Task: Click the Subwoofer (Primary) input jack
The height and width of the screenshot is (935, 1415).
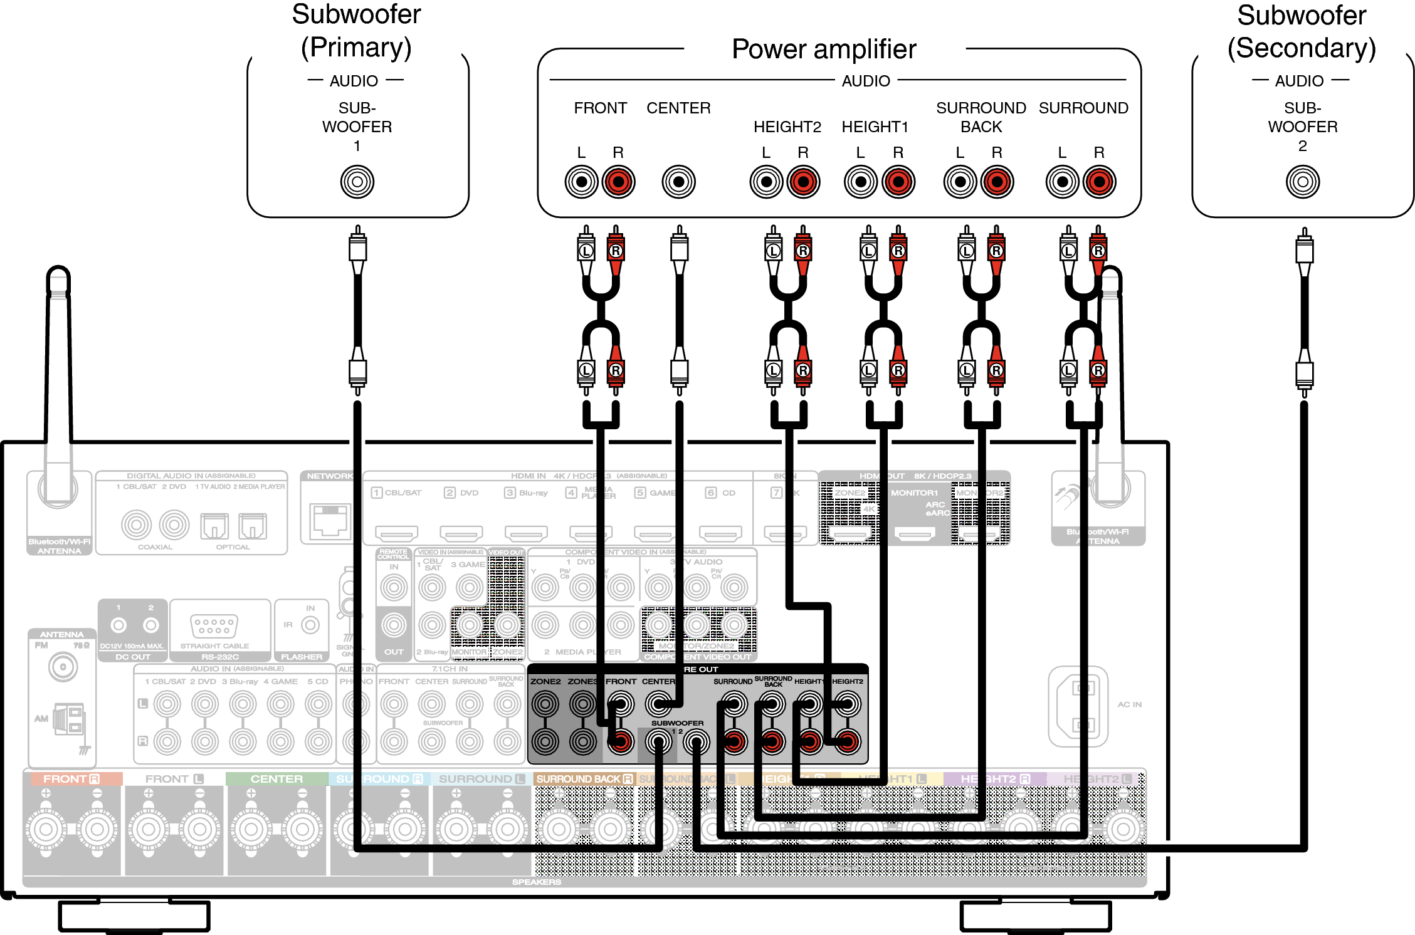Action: point(357,182)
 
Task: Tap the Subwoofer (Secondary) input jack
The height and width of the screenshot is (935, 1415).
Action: point(1302,182)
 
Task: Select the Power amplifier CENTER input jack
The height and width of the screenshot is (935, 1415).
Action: point(678,182)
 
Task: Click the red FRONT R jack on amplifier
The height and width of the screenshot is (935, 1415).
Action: point(618,182)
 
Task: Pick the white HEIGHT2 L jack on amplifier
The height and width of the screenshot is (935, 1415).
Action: point(766,182)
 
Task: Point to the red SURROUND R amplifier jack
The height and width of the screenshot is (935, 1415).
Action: point(1099,182)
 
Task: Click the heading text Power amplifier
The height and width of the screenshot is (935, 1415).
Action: point(824,49)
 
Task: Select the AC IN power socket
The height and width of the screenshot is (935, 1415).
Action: point(1078,706)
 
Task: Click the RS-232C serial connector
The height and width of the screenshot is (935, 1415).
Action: point(214,625)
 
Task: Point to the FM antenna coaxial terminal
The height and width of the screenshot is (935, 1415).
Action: point(63,667)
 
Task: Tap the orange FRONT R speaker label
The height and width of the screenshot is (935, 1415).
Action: point(71,778)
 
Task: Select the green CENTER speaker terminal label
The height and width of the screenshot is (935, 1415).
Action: point(276,778)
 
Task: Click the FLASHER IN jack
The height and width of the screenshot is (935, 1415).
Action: point(310,625)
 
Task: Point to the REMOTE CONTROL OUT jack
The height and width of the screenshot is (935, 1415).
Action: point(394,625)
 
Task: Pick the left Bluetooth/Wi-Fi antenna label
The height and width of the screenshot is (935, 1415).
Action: point(59,546)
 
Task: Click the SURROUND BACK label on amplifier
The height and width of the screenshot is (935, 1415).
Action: point(981,117)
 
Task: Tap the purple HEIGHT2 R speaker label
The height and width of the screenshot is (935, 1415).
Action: point(995,778)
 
